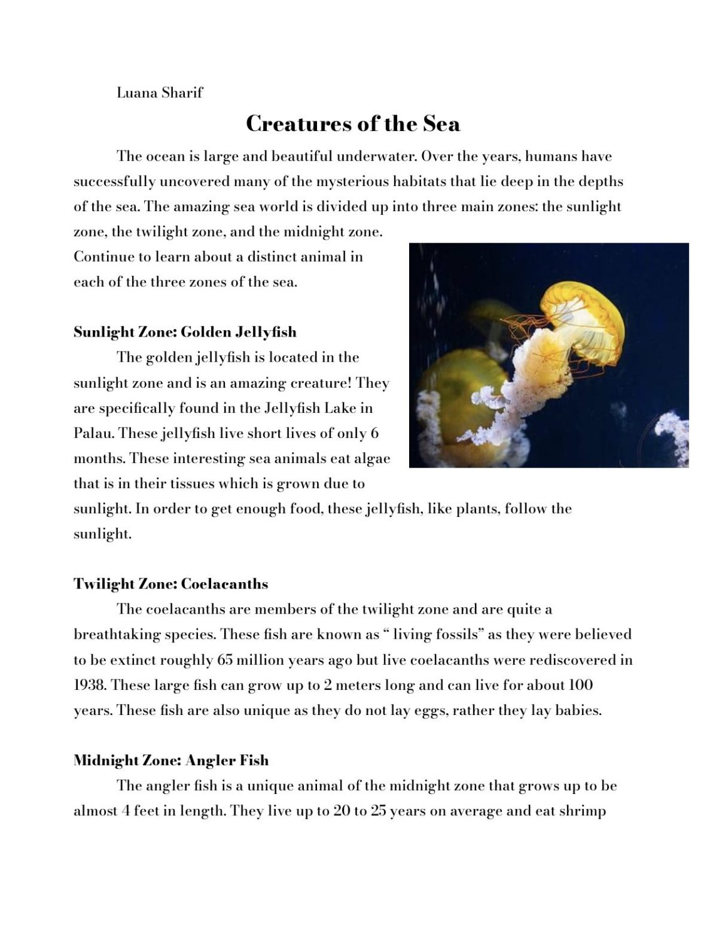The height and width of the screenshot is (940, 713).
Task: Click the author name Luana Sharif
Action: pos(160,93)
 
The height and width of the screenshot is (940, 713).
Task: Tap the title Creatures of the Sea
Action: pos(353,123)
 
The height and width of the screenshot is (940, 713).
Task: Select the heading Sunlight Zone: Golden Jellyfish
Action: pos(185,332)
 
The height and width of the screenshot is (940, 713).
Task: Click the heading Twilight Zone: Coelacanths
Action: pos(170,583)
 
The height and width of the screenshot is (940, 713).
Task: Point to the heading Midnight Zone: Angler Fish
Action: pos(171,760)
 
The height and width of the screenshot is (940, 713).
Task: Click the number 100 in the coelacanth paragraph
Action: pos(580,684)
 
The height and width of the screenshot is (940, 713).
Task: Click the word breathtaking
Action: pos(117,634)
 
